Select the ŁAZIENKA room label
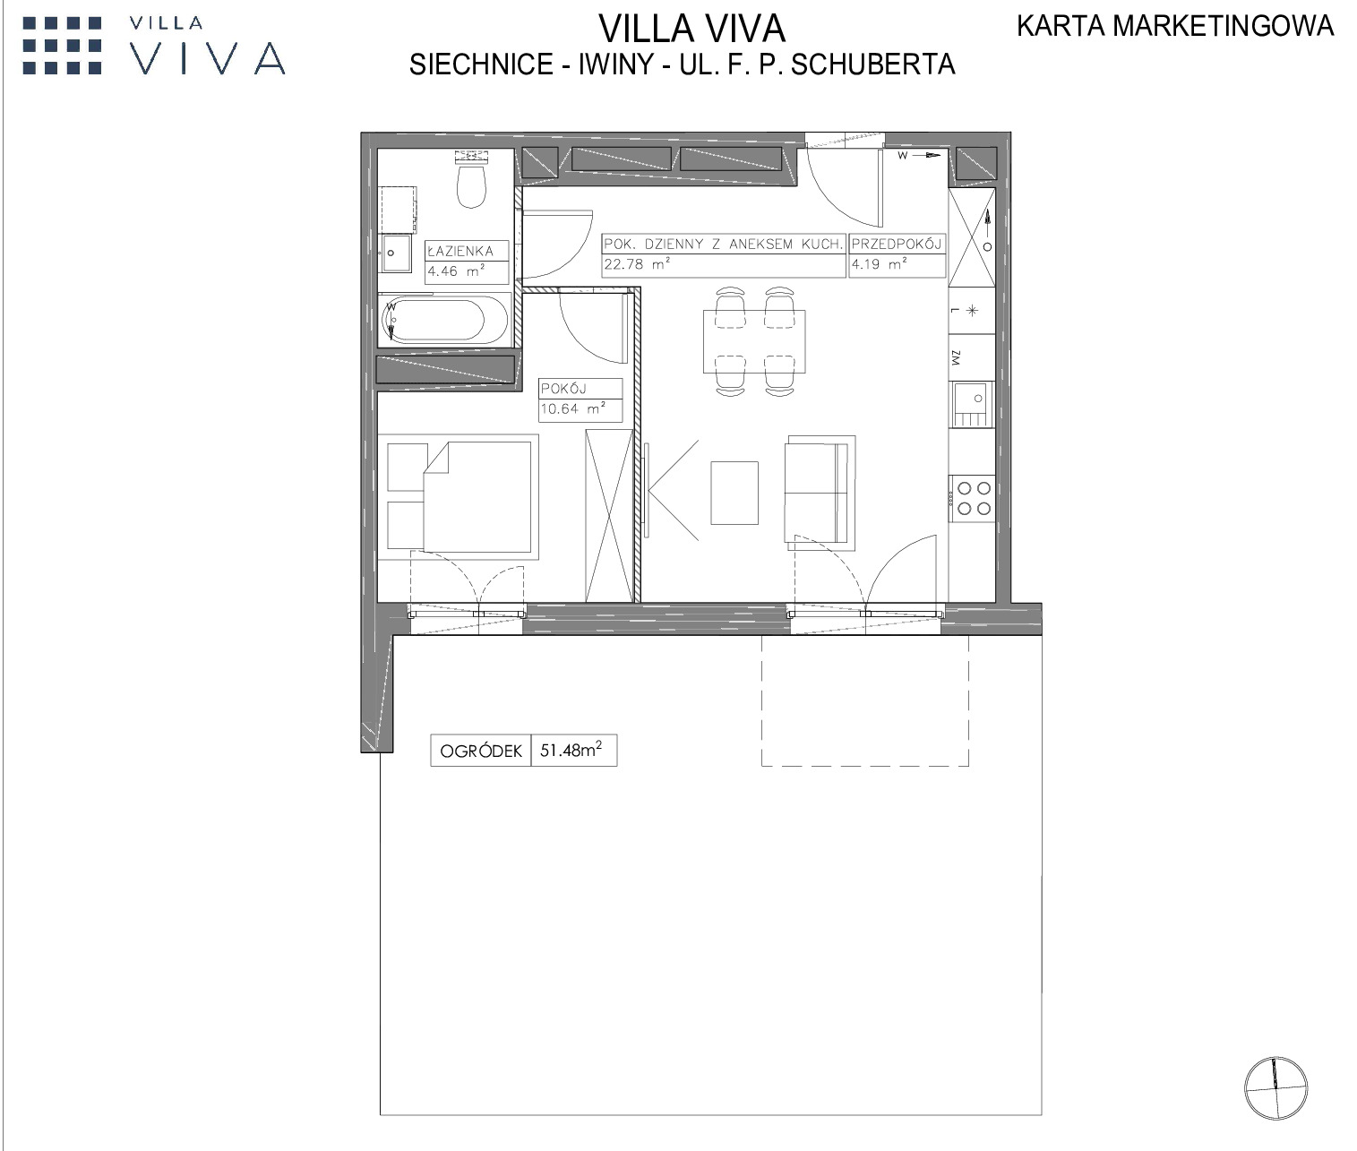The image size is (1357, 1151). (459, 251)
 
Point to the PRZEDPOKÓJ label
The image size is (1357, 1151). (897, 245)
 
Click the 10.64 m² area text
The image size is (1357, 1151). (572, 409)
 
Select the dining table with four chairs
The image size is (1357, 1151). (753, 341)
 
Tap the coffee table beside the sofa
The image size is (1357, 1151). (734, 493)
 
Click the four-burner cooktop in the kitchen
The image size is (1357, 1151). (972, 498)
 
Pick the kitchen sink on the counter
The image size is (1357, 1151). (971, 405)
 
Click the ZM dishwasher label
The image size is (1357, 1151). (956, 358)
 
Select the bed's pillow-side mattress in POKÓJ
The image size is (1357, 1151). (477, 497)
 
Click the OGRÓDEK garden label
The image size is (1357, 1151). (481, 752)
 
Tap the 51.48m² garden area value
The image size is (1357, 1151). (571, 749)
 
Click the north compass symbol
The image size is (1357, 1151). (1275, 1088)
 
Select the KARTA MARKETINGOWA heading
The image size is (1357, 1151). (1175, 26)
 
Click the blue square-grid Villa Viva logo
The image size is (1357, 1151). (63, 46)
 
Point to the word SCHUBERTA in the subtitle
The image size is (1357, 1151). (872, 64)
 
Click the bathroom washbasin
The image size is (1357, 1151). (396, 253)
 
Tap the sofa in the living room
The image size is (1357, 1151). (820, 493)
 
